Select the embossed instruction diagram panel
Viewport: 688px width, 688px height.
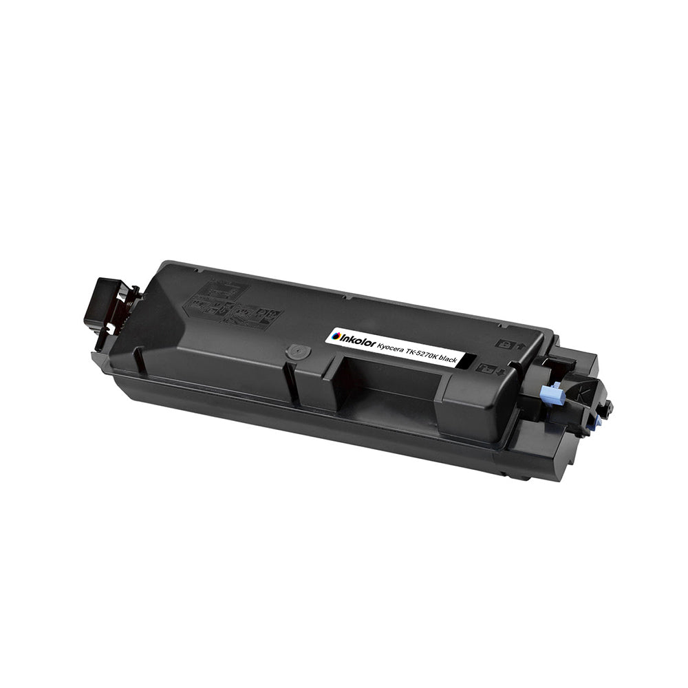[234, 307]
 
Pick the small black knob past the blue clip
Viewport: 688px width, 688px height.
[610, 407]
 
